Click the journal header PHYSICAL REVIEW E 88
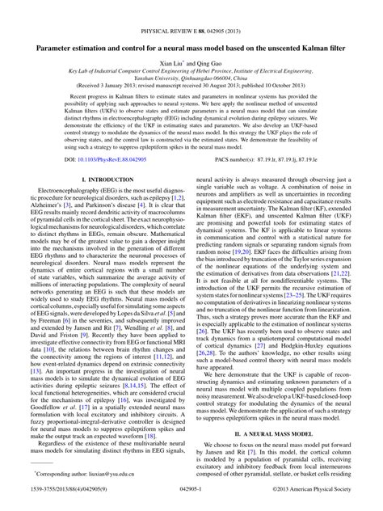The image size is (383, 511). pyautogui.click(x=191, y=9)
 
